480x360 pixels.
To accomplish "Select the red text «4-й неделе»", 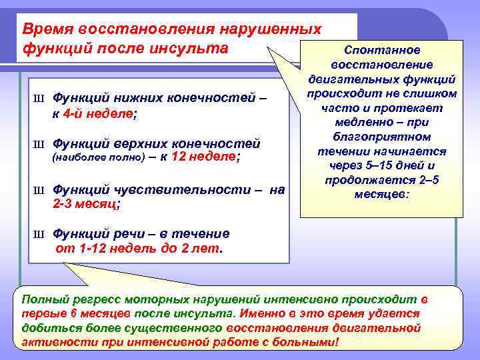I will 99,114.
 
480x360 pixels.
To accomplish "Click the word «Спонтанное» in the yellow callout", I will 381,50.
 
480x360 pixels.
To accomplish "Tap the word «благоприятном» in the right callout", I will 381,137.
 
